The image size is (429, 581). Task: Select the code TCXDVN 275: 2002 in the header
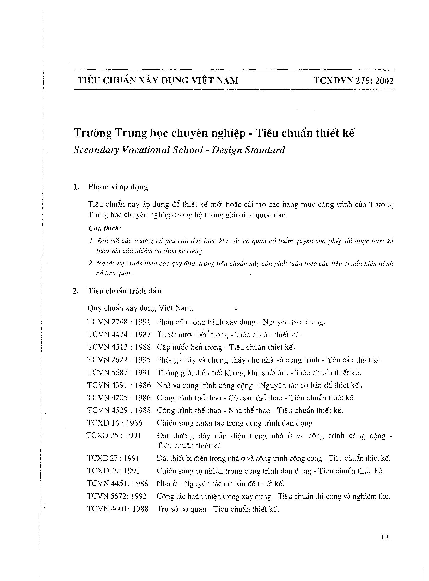click(354, 81)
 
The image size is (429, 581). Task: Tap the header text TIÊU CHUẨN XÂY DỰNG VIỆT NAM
click(158, 81)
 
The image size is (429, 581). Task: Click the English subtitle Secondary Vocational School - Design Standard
click(179, 150)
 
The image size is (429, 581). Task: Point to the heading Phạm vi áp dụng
click(118, 187)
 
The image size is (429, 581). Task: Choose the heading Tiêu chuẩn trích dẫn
click(124, 291)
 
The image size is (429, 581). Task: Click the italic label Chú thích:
click(105, 228)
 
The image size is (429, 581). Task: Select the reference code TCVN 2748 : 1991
click(119, 322)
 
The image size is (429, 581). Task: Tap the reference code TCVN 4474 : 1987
click(119, 334)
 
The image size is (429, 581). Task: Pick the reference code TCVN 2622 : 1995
click(119, 360)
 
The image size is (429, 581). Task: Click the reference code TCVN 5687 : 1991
click(119, 373)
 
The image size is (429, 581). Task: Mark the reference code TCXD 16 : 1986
click(115, 423)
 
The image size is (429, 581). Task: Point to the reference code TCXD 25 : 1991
click(114, 436)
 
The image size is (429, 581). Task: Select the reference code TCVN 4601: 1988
click(118, 509)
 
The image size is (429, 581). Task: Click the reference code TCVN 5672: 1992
click(117, 496)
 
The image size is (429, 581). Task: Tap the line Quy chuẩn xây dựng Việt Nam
click(140, 308)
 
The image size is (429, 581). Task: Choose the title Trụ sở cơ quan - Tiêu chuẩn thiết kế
click(218, 509)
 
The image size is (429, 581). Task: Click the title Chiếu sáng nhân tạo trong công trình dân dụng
click(236, 423)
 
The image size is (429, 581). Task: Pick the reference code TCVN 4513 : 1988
click(119, 347)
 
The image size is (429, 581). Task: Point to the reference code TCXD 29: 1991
click(113, 471)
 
